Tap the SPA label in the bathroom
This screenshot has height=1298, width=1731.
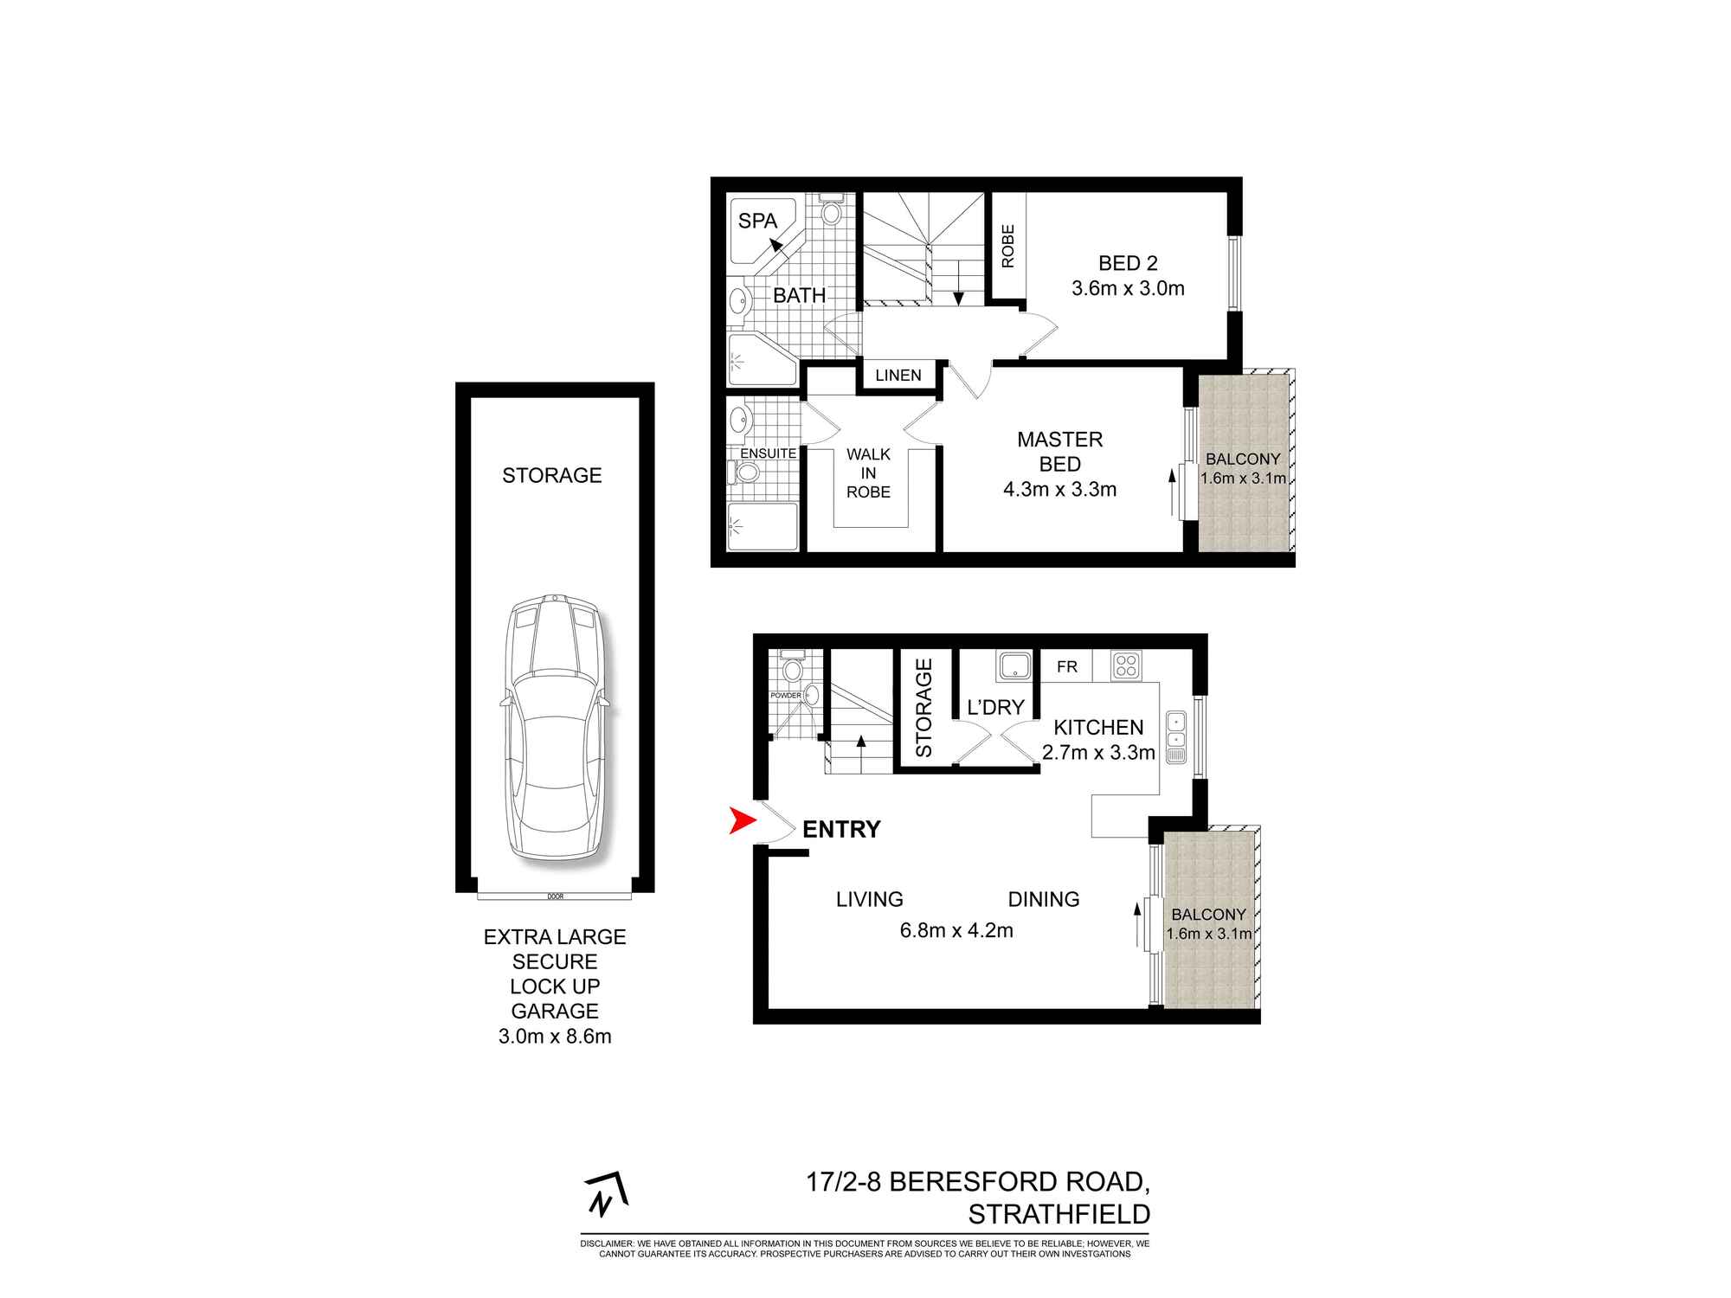click(757, 221)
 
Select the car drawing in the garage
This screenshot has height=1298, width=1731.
click(555, 727)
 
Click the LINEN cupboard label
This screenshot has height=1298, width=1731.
click(898, 376)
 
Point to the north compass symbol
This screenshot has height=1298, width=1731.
click(607, 1195)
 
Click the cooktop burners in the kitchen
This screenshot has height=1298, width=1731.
click(1126, 665)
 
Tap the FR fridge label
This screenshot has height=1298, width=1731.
click(1066, 666)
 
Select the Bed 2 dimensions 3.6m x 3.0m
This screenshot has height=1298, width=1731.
click(1128, 288)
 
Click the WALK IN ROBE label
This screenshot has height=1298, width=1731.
click(868, 473)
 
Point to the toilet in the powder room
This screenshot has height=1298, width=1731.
click(792, 667)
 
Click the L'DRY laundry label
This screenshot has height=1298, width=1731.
click(995, 707)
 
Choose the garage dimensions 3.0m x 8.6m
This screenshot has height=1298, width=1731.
click(555, 1036)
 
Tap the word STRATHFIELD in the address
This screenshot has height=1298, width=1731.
click(1059, 1215)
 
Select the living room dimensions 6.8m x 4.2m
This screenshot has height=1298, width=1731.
click(956, 930)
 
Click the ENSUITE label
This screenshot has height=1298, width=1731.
click(768, 453)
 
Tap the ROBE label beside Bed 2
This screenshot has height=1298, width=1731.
click(1007, 247)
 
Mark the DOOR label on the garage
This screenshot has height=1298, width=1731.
click(555, 896)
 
